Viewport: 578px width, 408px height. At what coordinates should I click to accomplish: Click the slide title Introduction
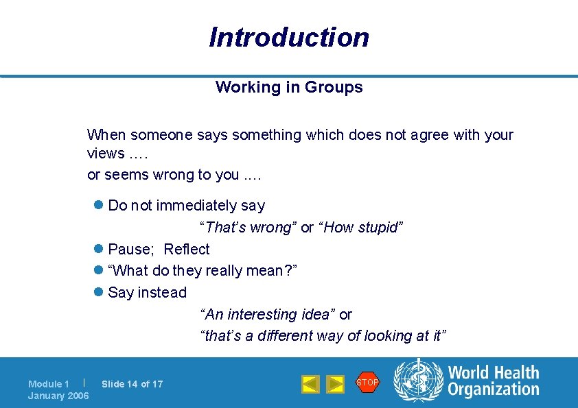289,37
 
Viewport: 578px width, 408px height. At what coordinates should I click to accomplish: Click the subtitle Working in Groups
289,87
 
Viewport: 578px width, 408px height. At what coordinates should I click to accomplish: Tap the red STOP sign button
367,382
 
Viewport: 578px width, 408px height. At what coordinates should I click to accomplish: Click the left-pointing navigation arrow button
310,384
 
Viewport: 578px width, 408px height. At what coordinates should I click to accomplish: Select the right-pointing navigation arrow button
335,384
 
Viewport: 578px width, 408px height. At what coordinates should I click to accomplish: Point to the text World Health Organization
494,381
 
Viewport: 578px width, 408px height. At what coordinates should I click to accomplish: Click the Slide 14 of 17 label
132,384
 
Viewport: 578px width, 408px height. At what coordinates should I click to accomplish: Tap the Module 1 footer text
49,384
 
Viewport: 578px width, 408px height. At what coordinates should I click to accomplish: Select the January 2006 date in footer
58,396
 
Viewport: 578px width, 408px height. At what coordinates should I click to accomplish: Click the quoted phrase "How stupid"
360,228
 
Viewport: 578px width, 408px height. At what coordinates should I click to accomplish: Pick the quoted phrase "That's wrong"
248,228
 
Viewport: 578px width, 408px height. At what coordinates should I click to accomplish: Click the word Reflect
187,249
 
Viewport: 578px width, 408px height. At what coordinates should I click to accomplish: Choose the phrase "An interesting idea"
267,315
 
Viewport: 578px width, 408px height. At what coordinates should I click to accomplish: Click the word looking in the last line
389,336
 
